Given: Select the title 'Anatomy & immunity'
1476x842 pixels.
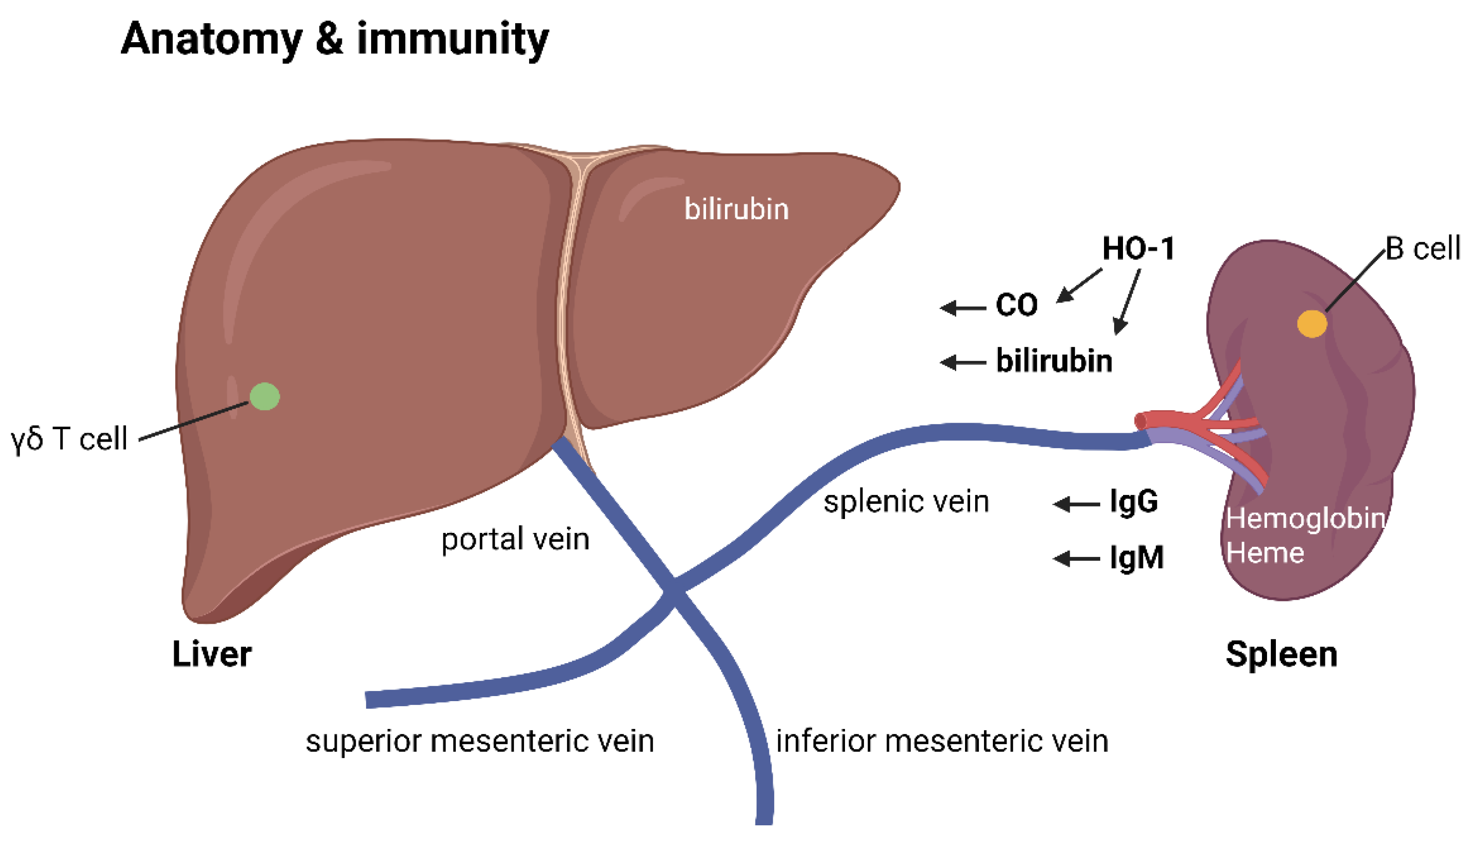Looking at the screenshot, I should coord(335,39).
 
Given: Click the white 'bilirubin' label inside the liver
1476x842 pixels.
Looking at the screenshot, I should coord(736,209).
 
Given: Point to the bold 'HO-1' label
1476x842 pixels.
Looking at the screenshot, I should coord(1138,249).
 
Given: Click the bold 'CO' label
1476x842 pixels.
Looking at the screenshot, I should coord(1016,305).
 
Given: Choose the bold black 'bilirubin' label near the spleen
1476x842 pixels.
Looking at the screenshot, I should coord(1053,361).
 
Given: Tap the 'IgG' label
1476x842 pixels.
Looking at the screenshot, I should coord(1133,501).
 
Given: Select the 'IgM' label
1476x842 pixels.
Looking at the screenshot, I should coord(1136,558).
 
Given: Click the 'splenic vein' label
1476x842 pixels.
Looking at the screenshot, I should coord(906,501).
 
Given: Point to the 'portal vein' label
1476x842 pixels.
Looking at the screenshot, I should coord(515,539).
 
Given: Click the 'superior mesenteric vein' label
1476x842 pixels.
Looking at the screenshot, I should coord(480,741).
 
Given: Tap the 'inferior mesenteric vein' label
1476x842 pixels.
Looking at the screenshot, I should coord(942,741).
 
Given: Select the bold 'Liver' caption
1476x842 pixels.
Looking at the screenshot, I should coord(212,655).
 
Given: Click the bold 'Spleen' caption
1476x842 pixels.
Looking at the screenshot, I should coord(1281,655).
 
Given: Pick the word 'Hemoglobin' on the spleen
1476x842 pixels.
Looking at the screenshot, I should coord(1305,518).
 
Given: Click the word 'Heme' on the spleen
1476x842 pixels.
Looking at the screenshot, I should coord(1265,553).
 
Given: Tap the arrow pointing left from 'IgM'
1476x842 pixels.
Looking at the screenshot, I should coord(1076,559).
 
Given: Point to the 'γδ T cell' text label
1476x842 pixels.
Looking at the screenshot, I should coord(69,439).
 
